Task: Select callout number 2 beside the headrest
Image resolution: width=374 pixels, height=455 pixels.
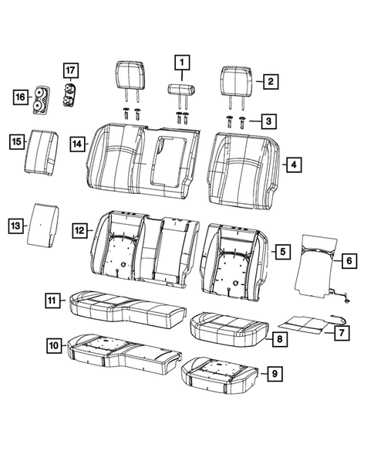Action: [x=271, y=80]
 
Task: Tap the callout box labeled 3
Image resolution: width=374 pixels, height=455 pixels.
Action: [x=268, y=121]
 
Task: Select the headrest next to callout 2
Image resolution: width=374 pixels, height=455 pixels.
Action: [x=236, y=80]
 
